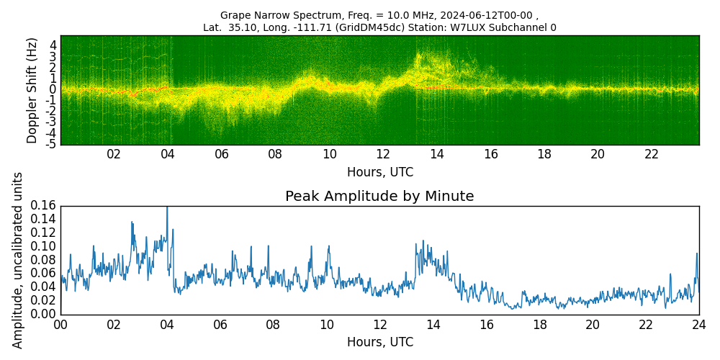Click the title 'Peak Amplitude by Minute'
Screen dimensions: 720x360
(x=379, y=197)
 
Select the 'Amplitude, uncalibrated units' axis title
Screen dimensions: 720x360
(x=17, y=260)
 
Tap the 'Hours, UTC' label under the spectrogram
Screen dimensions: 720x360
(x=379, y=172)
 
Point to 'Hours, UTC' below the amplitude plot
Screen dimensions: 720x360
(x=379, y=342)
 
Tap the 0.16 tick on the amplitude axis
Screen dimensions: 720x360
(x=44, y=206)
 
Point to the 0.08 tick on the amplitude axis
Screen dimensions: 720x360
(x=44, y=261)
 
